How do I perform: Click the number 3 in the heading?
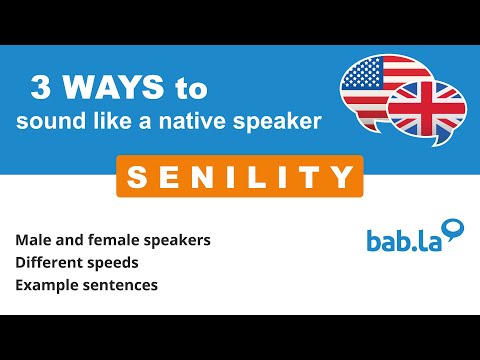41,89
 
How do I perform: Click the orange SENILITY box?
236,177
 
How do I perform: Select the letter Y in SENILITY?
341,177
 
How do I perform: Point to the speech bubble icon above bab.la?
454,230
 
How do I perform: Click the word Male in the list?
33,242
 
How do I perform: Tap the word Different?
49,264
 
